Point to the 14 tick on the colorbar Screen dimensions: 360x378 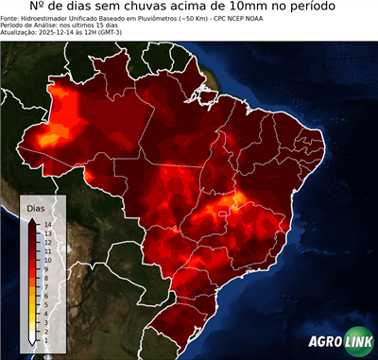pyautogui.click(x=46, y=224)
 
